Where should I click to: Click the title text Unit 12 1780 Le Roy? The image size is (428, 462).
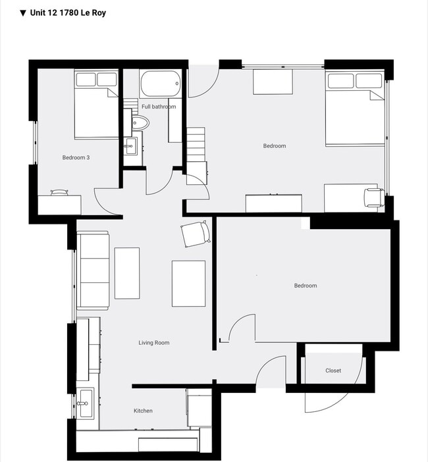[x=68, y=13]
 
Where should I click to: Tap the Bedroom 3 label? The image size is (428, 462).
[x=76, y=157]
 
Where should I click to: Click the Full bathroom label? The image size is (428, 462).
[x=159, y=107]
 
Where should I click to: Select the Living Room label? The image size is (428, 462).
[x=154, y=342]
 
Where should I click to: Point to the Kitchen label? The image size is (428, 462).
[x=143, y=411]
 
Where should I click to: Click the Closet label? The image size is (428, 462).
[x=333, y=371]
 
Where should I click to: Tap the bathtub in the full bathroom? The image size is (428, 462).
[x=159, y=84]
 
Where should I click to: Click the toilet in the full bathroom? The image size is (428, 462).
[x=140, y=123]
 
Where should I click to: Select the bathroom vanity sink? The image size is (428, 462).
[x=130, y=145]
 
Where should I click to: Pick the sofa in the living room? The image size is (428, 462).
[x=93, y=270]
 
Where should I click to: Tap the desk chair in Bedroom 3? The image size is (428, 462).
[x=60, y=192]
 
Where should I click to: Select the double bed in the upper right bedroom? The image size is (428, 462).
[x=354, y=108]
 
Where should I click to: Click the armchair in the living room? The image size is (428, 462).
[x=195, y=234]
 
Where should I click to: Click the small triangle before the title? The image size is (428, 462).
[x=23, y=13]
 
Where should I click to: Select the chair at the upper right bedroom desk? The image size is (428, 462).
[x=373, y=197]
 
